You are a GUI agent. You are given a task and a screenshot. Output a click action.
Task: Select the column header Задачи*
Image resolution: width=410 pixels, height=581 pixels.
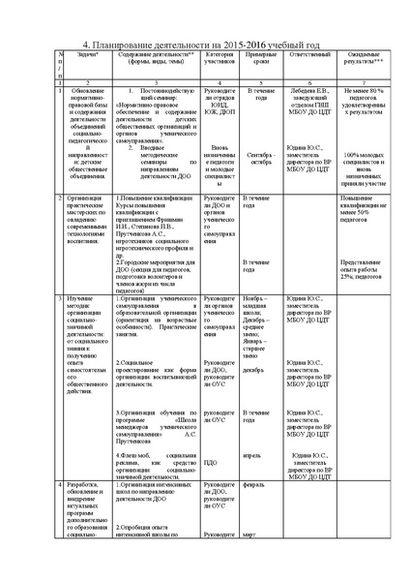[x=77, y=59]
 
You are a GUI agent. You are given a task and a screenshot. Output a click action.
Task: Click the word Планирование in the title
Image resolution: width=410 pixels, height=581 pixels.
[x=130, y=45]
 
